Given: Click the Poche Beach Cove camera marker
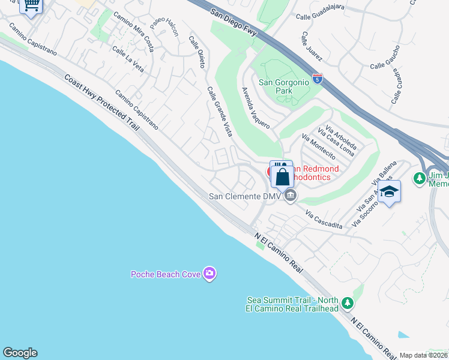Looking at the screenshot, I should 209,274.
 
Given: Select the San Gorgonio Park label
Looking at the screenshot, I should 284,86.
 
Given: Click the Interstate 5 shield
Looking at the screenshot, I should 318,79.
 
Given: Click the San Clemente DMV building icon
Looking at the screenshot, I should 291,195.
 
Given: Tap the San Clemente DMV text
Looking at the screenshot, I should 246,196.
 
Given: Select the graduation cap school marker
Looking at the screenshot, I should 389,192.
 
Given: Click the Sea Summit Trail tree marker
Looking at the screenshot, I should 348,303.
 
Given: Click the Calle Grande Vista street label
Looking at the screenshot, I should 220,112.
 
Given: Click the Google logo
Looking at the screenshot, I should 20,353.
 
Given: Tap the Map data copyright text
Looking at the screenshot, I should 423,355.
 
